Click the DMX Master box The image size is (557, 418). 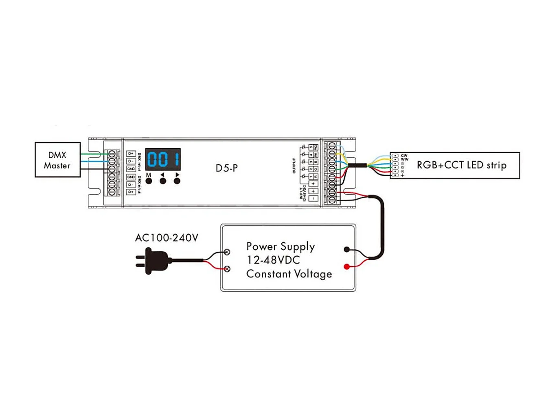pyautogui.click(x=57, y=160)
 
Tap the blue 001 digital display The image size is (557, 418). pyautogui.click(x=163, y=159)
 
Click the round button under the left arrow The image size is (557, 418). pyautogui.click(x=163, y=181)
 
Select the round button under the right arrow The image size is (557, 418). pyautogui.click(x=177, y=181)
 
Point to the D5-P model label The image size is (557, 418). pyautogui.click(x=227, y=168)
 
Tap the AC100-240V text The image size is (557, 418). pyautogui.click(x=167, y=238)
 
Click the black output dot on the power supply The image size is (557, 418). pyautogui.click(x=346, y=249)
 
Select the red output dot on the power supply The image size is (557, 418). pyautogui.click(x=346, y=267)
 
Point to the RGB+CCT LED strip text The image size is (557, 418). pyautogui.click(x=461, y=165)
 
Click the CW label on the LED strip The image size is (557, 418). pyautogui.click(x=404, y=156)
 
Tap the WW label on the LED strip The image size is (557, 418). pyautogui.click(x=404, y=159)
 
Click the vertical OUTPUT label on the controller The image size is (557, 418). pyautogui.click(x=294, y=166)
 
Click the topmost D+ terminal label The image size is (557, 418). pyautogui.click(x=131, y=154)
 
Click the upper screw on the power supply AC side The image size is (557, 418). pyautogui.click(x=227, y=252)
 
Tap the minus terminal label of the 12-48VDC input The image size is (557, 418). pyautogui.click(x=313, y=198)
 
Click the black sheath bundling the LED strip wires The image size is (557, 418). pyautogui.click(x=357, y=165)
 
